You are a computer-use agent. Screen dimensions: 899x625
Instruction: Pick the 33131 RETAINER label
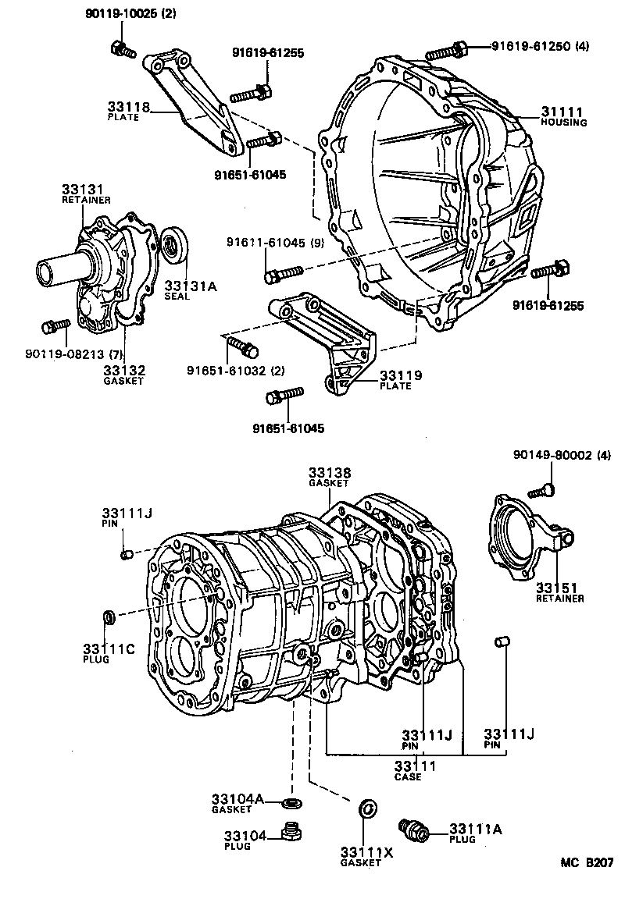[x=86, y=194]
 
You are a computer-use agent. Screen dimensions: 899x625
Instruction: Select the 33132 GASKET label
[x=125, y=374]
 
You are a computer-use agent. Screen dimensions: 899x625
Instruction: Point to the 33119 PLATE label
[x=400, y=379]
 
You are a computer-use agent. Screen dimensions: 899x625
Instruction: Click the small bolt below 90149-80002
[x=541, y=490]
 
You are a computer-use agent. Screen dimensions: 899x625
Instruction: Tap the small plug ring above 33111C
[x=111, y=618]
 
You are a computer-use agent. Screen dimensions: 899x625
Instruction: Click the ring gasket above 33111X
[x=366, y=808]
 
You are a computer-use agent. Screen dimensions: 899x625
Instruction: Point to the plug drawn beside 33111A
[x=413, y=829]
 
